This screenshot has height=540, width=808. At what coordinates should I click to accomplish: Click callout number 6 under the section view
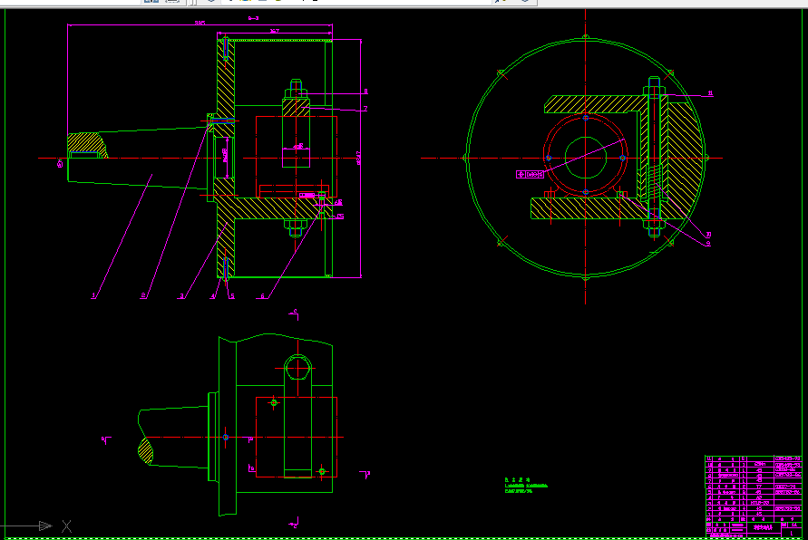pyautogui.click(x=143, y=295)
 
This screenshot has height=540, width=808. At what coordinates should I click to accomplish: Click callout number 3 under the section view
pyautogui.click(x=181, y=295)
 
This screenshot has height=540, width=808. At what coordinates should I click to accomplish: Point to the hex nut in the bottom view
pyautogui.click(x=297, y=368)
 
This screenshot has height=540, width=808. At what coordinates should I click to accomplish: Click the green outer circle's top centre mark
pyautogui.click(x=586, y=37)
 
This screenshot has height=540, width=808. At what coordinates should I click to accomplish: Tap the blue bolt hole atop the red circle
pyautogui.click(x=586, y=117)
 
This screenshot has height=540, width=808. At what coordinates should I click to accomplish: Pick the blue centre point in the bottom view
pyautogui.click(x=226, y=437)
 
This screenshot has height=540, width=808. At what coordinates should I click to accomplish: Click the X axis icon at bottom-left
pyautogui.click(x=66, y=526)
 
